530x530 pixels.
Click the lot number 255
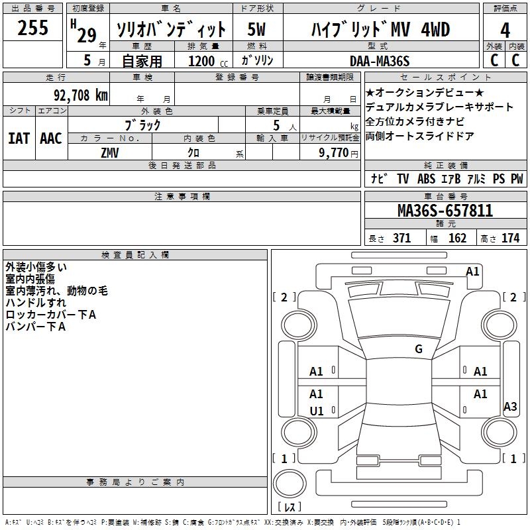click(x=33, y=28)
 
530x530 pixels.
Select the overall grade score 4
click(x=505, y=30)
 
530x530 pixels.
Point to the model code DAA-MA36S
click(x=380, y=61)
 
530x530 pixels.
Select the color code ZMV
click(x=110, y=152)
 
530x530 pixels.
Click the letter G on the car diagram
click(x=419, y=348)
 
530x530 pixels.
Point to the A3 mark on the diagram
click(x=510, y=407)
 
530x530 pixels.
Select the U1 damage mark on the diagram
click(x=317, y=411)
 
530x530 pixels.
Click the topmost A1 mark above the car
click(x=472, y=271)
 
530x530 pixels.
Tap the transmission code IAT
click(x=19, y=138)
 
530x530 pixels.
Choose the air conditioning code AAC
click(x=50, y=138)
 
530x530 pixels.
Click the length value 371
click(x=401, y=238)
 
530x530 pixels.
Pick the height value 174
click(x=511, y=238)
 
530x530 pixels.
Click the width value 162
click(x=457, y=238)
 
